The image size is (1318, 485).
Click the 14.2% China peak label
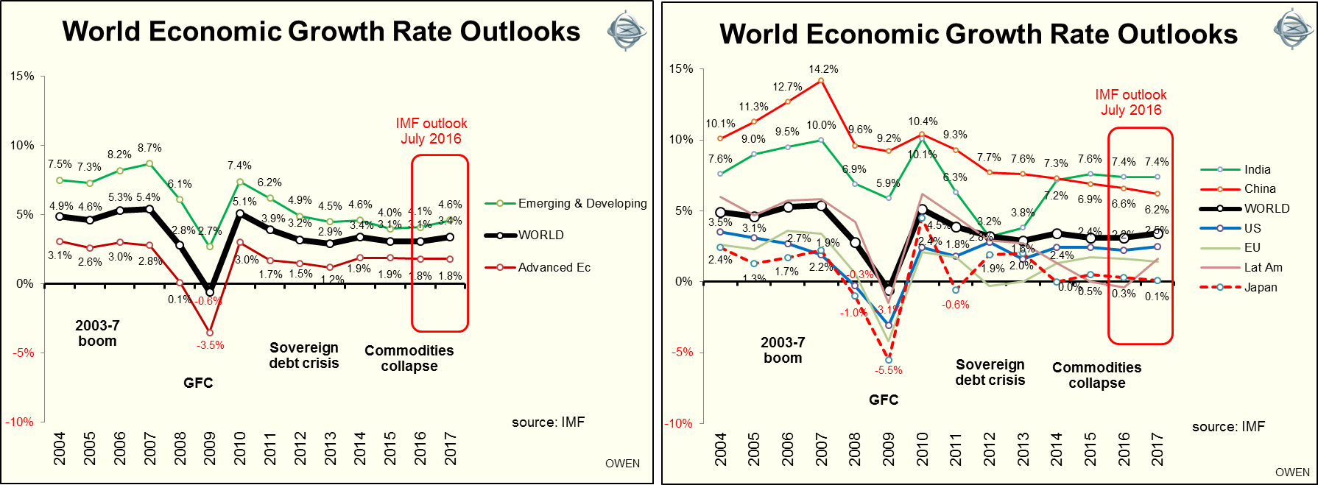(x=823, y=69)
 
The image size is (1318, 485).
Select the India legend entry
(x=1257, y=169)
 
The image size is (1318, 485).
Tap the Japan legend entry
(x=1260, y=287)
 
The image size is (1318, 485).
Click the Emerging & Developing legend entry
(x=582, y=203)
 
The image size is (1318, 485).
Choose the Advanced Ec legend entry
(x=554, y=267)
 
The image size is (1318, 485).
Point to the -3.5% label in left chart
(x=210, y=345)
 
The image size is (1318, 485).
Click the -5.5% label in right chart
(x=888, y=370)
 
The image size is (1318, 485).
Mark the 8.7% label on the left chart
(x=149, y=148)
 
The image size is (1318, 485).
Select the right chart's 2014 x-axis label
(x=1057, y=450)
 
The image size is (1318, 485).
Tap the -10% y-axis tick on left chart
(x=20, y=422)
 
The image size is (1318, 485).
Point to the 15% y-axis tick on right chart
(x=681, y=68)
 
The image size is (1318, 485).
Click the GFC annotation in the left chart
(x=198, y=383)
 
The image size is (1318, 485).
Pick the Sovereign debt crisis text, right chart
(x=990, y=372)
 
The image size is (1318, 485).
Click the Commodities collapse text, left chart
(x=409, y=358)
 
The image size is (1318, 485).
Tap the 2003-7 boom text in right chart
(x=783, y=350)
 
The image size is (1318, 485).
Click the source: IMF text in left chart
(x=548, y=422)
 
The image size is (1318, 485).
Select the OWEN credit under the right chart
(x=1292, y=472)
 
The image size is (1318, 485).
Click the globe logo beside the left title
(x=626, y=31)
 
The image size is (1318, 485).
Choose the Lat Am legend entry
(x=1263, y=267)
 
